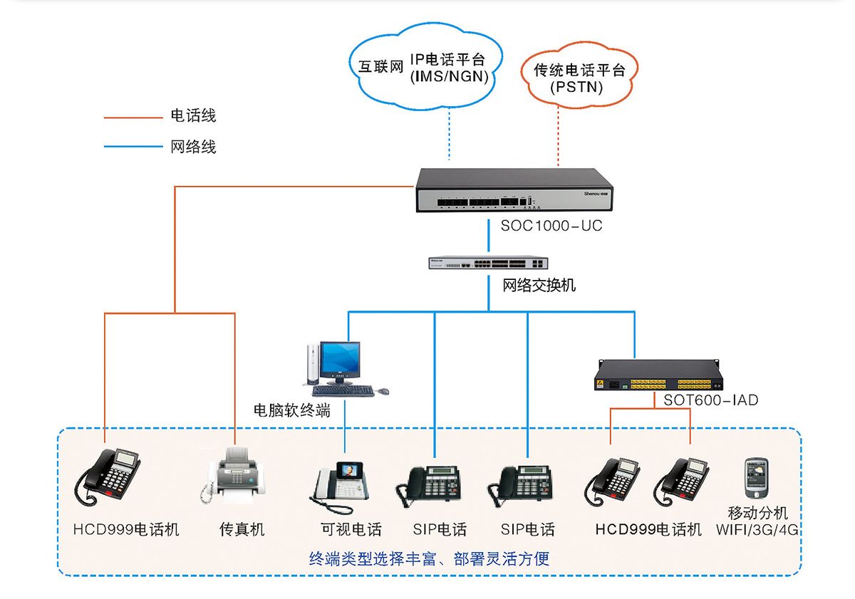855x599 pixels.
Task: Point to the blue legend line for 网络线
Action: tap(133, 147)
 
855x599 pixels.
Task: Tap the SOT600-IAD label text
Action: tap(710, 400)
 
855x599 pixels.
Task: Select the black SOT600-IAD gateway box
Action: tap(660, 375)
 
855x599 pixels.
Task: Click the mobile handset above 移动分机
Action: tap(757, 479)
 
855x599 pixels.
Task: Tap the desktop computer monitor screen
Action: tap(339, 360)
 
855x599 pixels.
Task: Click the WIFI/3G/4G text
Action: tap(757, 530)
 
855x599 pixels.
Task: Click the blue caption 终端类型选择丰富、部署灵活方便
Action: tap(429, 558)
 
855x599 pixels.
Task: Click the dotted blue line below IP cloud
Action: tap(450, 135)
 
